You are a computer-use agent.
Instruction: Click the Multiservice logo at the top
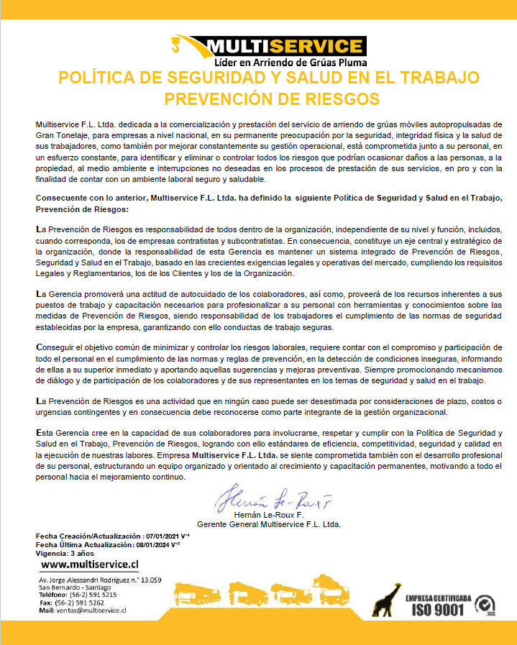267,47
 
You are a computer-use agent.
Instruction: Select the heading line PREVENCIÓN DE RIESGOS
271,98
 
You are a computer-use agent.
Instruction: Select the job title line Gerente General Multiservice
269,524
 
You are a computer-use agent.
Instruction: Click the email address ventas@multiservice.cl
91,610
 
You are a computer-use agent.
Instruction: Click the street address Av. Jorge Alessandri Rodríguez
100,579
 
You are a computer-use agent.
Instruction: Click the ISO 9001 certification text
438,609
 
